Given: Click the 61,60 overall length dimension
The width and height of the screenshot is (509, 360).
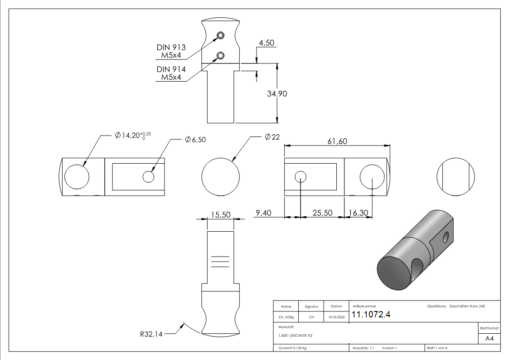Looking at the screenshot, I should click(x=337, y=141).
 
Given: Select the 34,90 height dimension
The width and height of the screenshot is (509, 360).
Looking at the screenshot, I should click(x=277, y=94).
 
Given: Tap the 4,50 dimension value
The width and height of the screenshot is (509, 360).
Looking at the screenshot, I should click(x=267, y=44).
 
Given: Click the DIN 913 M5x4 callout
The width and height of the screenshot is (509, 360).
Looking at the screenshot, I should click(x=171, y=51).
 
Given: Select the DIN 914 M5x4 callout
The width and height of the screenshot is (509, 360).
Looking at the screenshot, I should click(x=171, y=73).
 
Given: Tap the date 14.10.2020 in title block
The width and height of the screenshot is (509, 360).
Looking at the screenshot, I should click(x=336, y=317).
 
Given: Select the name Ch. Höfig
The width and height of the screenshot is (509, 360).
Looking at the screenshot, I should click(x=286, y=317).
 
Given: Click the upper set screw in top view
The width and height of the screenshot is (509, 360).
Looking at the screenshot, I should click(x=220, y=36).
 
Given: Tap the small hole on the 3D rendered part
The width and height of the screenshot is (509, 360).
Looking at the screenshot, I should click(x=446, y=237).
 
